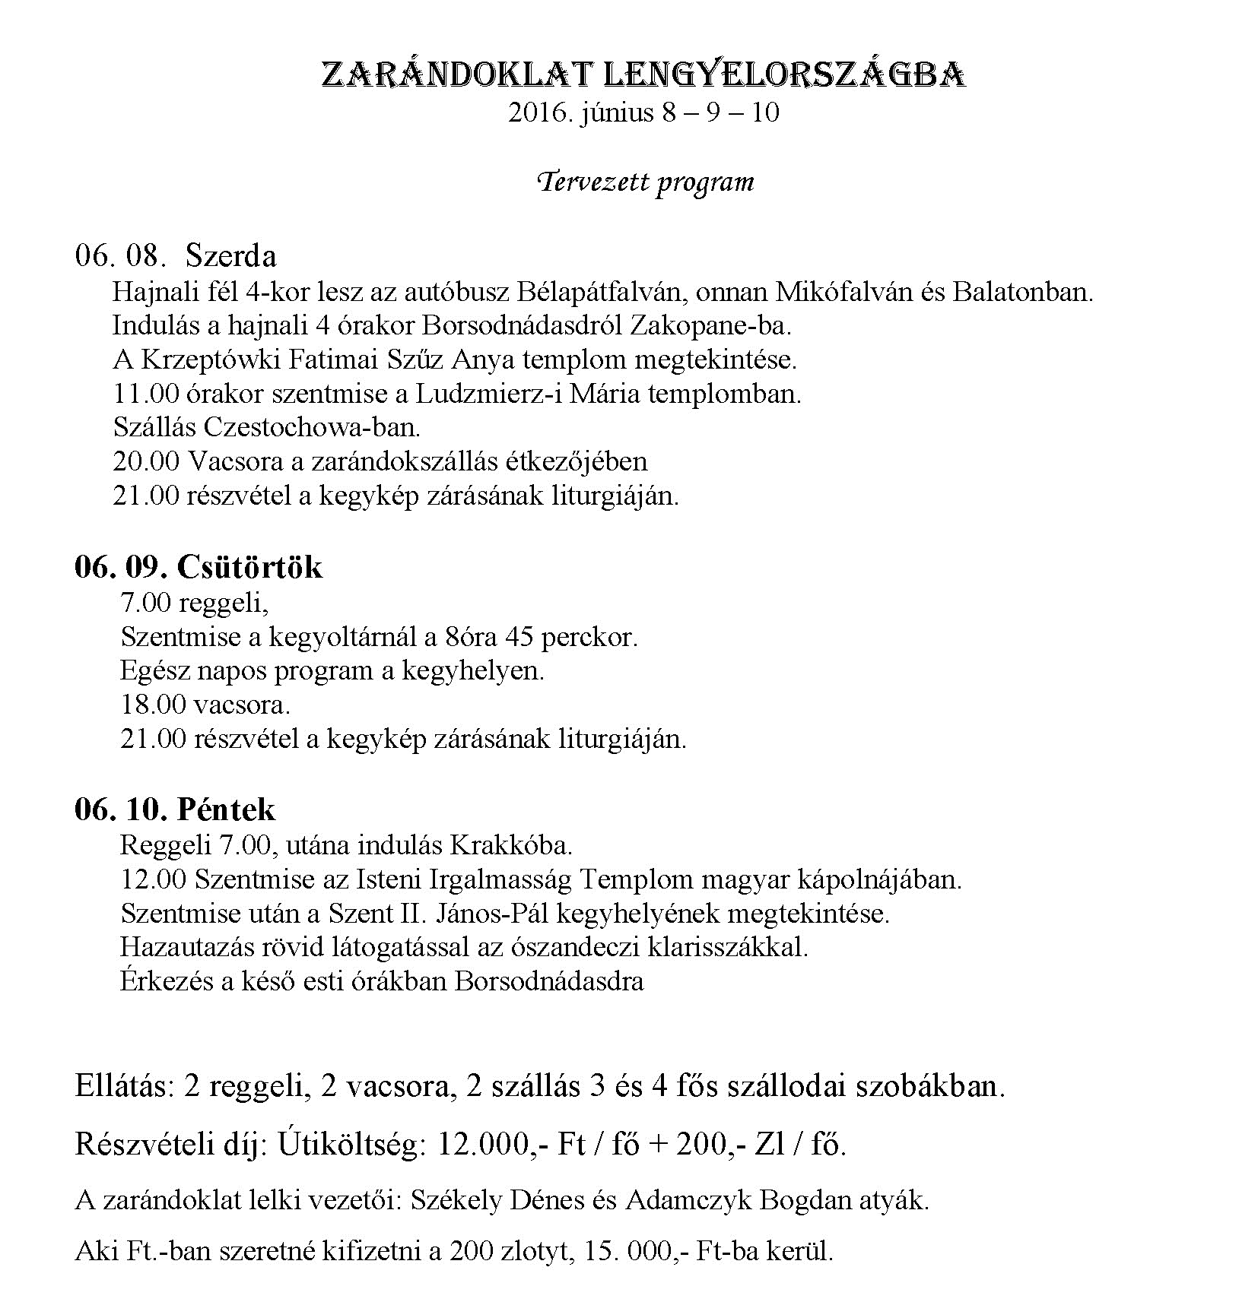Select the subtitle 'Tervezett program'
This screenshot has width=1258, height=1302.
[x=646, y=182]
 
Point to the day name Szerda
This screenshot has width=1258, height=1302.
[x=230, y=256]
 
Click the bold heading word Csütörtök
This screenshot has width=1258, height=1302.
[x=249, y=567]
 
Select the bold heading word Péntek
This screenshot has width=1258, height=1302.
[x=226, y=809]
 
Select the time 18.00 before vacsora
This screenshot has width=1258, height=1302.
[x=153, y=705]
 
